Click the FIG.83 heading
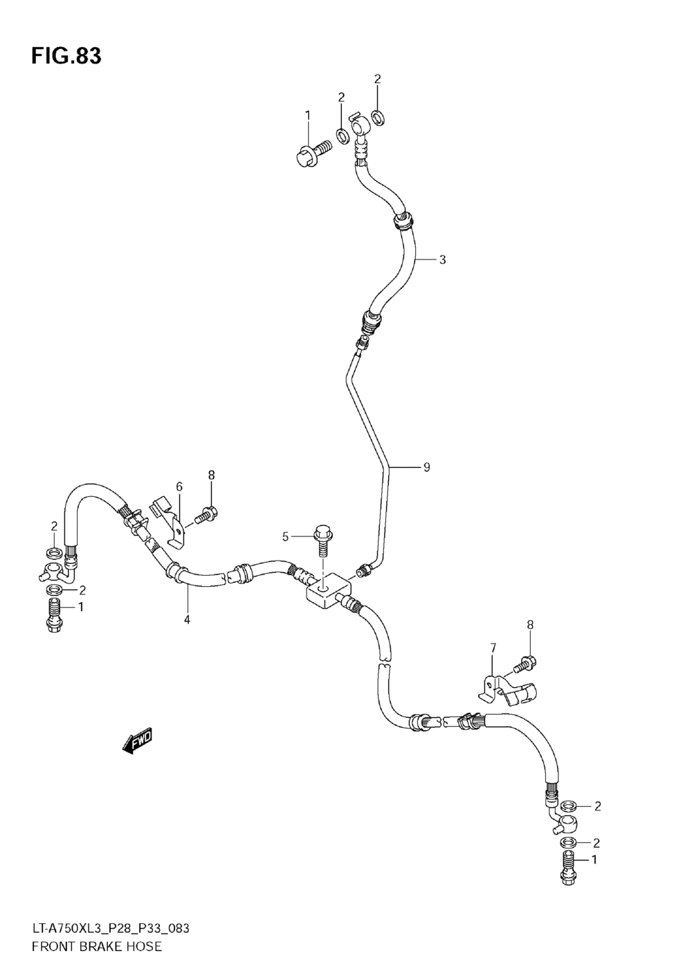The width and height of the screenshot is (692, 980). click(66, 56)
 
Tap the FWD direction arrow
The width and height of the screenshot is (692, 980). click(137, 741)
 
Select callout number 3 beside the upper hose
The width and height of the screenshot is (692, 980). click(442, 260)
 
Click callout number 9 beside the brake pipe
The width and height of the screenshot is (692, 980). click(426, 467)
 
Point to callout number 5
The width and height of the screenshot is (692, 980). click(285, 536)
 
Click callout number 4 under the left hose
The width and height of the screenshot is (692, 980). click(187, 619)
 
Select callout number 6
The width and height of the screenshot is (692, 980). click(179, 487)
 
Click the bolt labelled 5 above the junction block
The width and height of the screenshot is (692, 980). click(322, 540)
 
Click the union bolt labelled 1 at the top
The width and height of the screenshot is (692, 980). click(311, 153)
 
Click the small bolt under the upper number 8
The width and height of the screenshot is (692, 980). click(206, 514)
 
